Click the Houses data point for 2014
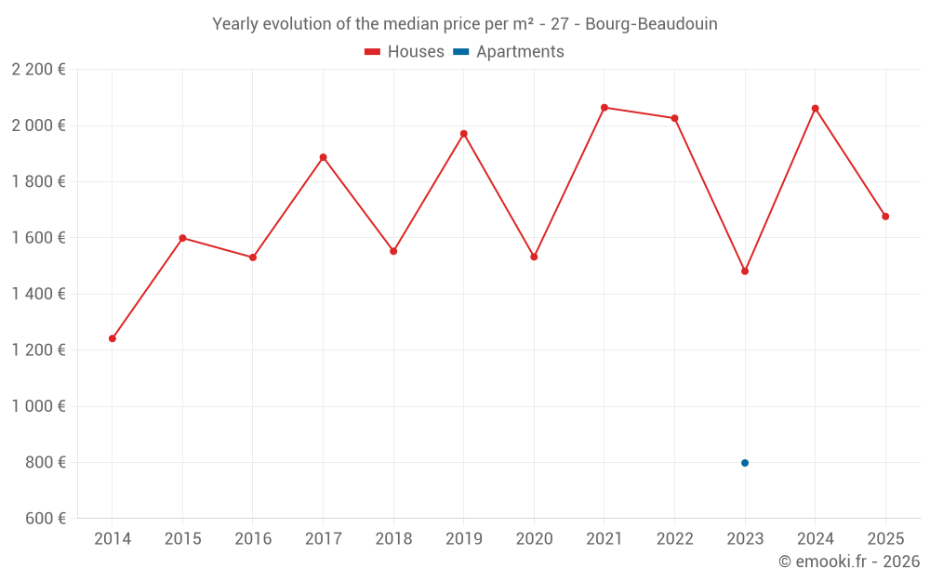113,338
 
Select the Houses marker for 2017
324,157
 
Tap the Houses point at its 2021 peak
604,108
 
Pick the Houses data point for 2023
745,271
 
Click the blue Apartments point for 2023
745,463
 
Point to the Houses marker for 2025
885,217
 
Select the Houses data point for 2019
464,134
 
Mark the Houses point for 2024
816,109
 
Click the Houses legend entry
405,52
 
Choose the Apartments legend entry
509,52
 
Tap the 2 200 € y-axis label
38,70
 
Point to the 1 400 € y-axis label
38,294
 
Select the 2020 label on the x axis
534,539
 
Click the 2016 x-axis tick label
253,539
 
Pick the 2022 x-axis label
674,539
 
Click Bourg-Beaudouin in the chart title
651,24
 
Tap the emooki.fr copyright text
849,561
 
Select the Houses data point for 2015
183,238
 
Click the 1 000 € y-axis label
38,406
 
